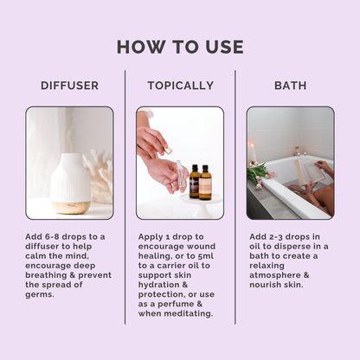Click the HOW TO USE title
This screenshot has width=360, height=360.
tap(180, 47)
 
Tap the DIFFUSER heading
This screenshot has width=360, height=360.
tap(70, 86)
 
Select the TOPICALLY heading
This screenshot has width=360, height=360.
tap(181, 86)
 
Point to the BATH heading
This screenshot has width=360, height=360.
tap(291, 86)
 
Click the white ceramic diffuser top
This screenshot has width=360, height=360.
tap(70, 177)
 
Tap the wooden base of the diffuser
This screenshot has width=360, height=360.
tap(70, 208)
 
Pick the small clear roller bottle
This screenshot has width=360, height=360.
tap(181, 176)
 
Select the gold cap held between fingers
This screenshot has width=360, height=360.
tap(168, 150)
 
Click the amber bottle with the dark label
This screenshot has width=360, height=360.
tap(195, 182)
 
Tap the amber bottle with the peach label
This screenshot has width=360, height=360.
tap(205, 183)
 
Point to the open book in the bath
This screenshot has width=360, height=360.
tap(308, 172)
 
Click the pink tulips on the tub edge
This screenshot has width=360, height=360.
tap(260, 175)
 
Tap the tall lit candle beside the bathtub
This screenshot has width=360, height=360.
tap(253, 153)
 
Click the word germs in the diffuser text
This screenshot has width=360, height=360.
tap(40, 295)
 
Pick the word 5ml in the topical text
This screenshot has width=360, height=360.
tap(206, 256)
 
